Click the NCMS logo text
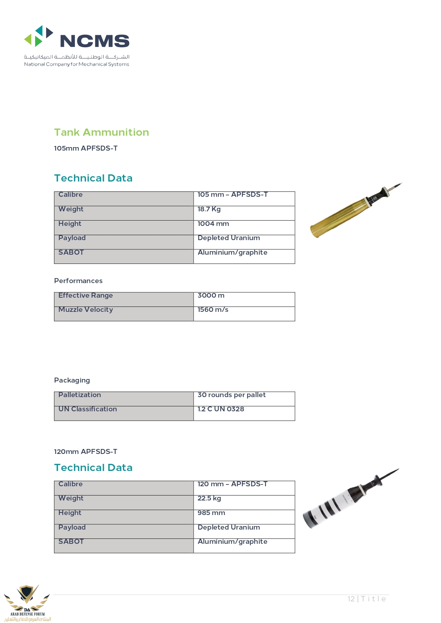pyautogui.click(x=95, y=41)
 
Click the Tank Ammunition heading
pyautogui.click(x=101, y=132)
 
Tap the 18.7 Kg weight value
pyautogui.click(x=209, y=209)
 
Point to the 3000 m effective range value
pyautogui.click(x=211, y=296)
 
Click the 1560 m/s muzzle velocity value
pyautogui.click(x=213, y=310)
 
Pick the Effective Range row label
pyautogui.click(x=86, y=296)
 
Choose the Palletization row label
pyautogui.click(x=80, y=395)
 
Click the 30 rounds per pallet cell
pyautogui.click(x=231, y=395)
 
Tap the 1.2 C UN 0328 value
pyautogui.click(x=221, y=409)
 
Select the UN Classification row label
pyautogui.click(x=87, y=409)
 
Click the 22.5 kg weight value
pyautogui.click(x=209, y=498)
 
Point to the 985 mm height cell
pyautogui.click(x=211, y=513)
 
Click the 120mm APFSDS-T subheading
pyautogui.click(x=85, y=452)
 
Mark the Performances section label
pyautogui.click(x=78, y=281)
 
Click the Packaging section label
pyautogui.click(x=72, y=380)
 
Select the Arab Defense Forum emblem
pyautogui.click(x=27, y=602)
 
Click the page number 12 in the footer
pyautogui.click(x=351, y=599)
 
